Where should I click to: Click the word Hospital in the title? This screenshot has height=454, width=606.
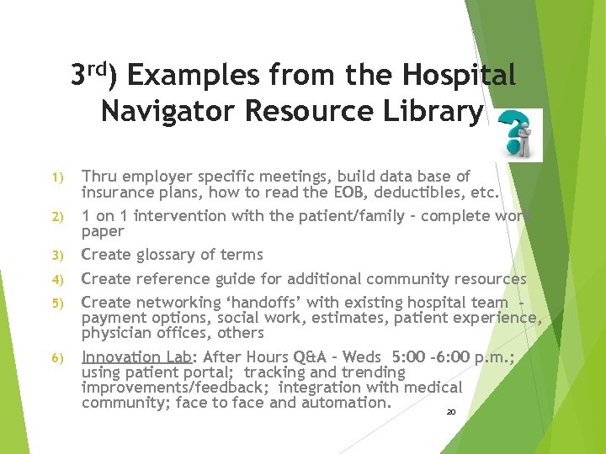pyautogui.click(x=459, y=77)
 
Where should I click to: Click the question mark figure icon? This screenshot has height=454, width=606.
pyautogui.click(x=520, y=135)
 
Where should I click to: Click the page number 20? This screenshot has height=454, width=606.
pyautogui.click(x=451, y=412)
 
